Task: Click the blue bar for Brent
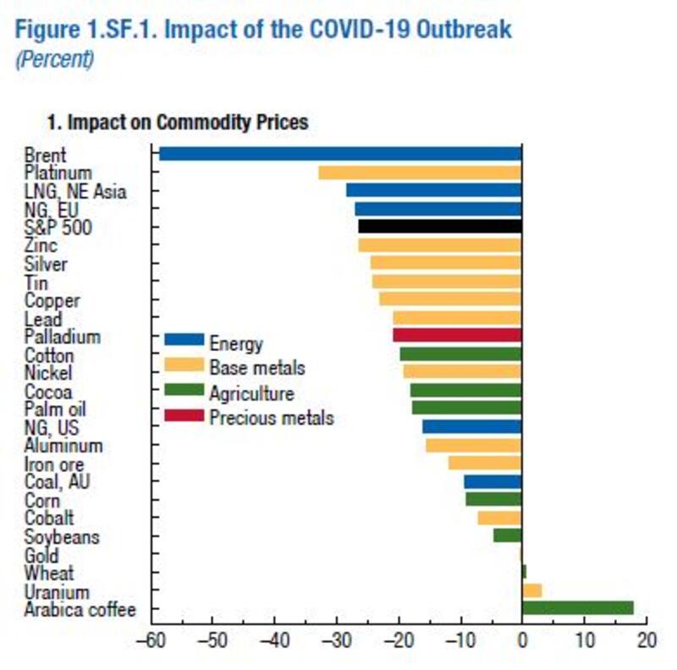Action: pyautogui.click(x=338, y=154)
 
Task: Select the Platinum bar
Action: pyautogui.click(x=419, y=173)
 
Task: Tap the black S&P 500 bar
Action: pyautogui.click(x=439, y=226)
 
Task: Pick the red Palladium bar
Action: pyautogui.click(x=457, y=336)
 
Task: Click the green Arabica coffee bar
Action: pyautogui.click(x=578, y=608)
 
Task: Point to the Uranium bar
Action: pyautogui.click(x=532, y=590)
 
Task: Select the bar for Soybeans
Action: pyautogui.click(x=508, y=535)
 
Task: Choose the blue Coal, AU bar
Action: pyautogui.click(x=493, y=481)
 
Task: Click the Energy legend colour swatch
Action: pyautogui.click(x=184, y=341)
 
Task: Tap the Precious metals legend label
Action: pyautogui.click(x=272, y=418)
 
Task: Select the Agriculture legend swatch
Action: pyautogui.click(x=184, y=391)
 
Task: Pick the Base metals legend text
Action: pyautogui.click(x=256, y=368)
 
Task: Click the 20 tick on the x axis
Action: pyautogui.click(x=647, y=640)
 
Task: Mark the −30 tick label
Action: pyautogui.click(x=336, y=640)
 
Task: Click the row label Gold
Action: pyautogui.click(x=41, y=556)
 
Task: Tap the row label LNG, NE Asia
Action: pyautogui.click(x=75, y=191)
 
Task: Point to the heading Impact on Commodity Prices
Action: pyautogui.click(x=187, y=123)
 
